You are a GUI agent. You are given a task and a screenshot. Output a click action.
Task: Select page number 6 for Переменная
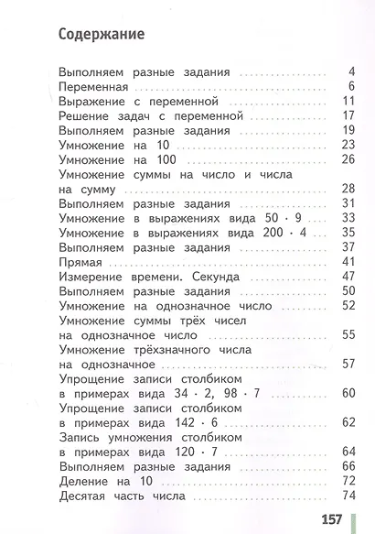point(351,86)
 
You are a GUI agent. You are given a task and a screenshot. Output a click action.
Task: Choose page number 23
point(347,144)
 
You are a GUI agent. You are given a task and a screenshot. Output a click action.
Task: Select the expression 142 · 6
point(200,422)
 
